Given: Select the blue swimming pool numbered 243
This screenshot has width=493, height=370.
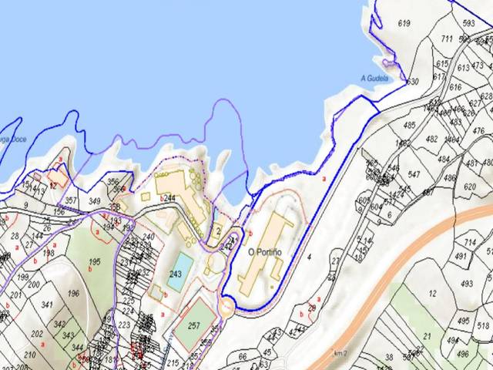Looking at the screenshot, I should (176, 274).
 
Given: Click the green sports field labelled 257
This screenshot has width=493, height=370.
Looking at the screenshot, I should (193, 325).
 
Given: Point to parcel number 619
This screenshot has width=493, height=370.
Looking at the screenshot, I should (404, 24).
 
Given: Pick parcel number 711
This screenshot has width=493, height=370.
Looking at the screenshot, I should (447, 39).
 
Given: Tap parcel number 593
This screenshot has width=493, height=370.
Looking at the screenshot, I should (468, 23).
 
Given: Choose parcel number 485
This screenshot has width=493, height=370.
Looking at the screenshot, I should (409, 125).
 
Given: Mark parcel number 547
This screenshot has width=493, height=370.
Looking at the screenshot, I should (414, 175).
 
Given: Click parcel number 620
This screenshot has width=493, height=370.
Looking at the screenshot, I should (470, 187).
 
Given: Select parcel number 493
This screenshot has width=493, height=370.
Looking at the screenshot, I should (467, 284).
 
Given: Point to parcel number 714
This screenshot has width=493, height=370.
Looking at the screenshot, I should (470, 243).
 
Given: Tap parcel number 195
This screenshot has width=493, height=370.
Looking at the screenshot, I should (95, 262).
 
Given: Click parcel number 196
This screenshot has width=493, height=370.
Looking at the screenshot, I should (73, 293).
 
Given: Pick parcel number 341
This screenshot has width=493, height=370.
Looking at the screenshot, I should (47, 306).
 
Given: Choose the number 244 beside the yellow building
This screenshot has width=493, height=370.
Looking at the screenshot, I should (169, 199).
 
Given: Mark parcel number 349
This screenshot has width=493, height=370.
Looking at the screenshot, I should (96, 202).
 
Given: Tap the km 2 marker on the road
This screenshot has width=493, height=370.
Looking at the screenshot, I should (337, 352).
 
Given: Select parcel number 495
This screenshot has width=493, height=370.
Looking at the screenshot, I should (463, 321).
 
